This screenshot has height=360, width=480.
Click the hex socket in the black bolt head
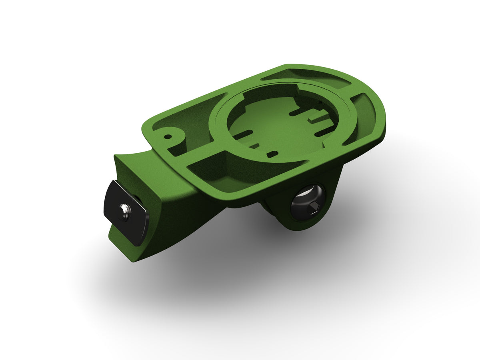coord(313,207)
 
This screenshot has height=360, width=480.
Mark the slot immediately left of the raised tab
coord(301,113)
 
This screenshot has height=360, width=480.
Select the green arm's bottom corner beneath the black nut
coord(134,256)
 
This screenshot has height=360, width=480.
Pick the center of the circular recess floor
coord(280,124)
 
